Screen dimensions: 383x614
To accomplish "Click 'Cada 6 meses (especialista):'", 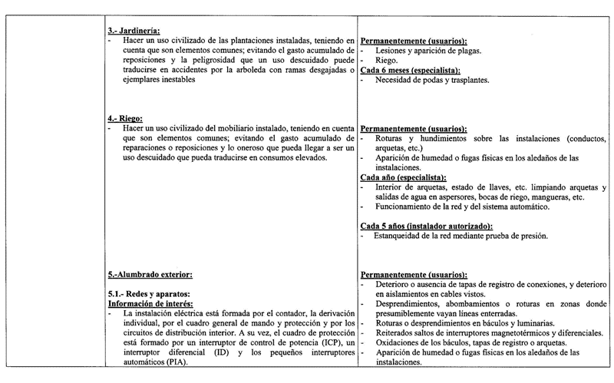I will (x=421, y=69).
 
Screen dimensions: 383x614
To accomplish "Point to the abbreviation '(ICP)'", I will (x=322, y=343).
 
